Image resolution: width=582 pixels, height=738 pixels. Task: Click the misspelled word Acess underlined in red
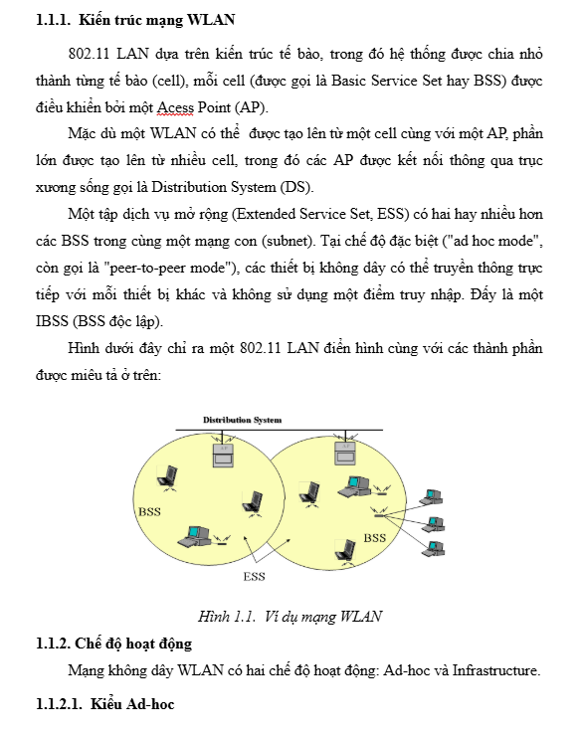(x=175, y=107)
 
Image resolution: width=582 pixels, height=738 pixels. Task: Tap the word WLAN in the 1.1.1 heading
(x=211, y=20)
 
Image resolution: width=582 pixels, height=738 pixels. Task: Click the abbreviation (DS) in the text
(x=296, y=187)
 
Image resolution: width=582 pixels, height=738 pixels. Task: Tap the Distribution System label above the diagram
(x=242, y=420)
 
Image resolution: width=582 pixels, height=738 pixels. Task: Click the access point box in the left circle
(x=223, y=454)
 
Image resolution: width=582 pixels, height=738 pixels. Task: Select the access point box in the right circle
(x=345, y=453)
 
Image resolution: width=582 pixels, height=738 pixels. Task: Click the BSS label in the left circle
(x=150, y=511)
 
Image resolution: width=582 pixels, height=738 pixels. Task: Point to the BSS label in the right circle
(x=375, y=538)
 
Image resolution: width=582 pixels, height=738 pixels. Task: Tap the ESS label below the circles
(x=255, y=577)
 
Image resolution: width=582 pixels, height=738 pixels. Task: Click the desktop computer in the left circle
(x=194, y=536)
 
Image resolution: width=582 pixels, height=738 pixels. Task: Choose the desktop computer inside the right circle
(x=354, y=486)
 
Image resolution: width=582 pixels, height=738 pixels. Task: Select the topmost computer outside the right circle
(x=432, y=497)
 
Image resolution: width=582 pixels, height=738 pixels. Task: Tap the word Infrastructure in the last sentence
(x=496, y=670)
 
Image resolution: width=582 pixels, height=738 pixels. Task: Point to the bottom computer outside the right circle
(x=433, y=549)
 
